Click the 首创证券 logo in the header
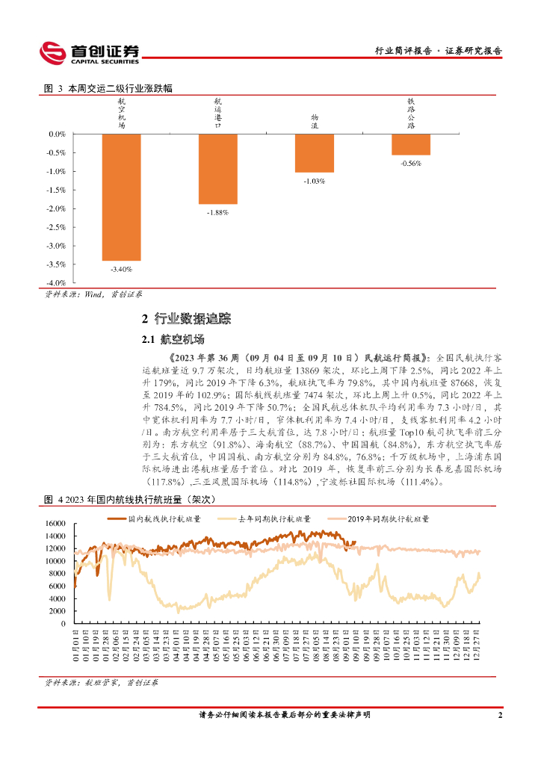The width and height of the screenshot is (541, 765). (x=89, y=52)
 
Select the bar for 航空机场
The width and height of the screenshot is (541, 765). (x=121, y=197)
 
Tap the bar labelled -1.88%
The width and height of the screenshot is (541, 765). (x=217, y=169)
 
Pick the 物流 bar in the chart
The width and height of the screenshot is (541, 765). (x=314, y=153)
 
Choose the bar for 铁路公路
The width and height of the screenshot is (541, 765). (x=410, y=144)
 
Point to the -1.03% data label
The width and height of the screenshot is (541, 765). (x=314, y=181)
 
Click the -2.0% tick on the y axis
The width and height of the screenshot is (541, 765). (x=57, y=208)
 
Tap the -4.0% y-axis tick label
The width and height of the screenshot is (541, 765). (x=57, y=283)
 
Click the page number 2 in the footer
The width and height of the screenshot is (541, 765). (x=499, y=715)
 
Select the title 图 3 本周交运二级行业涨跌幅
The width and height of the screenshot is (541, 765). (x=108, y=88)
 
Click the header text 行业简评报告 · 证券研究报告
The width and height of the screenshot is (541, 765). (x=438, y=52)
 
